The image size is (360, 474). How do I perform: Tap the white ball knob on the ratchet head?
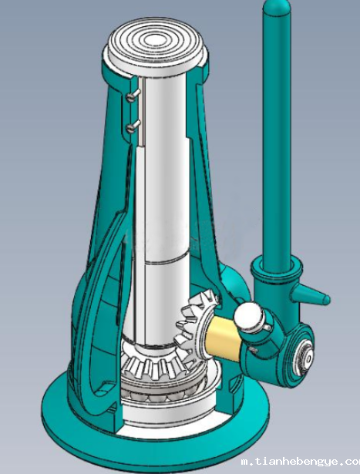tap(249, 317)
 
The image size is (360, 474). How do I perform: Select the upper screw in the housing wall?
tap(133, 96)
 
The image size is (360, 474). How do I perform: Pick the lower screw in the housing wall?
tap(133, 126)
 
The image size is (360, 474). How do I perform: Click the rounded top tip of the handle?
tap(277, 6)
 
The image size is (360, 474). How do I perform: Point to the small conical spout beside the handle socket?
tap(310, 295)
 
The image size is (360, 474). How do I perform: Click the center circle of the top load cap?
tap(154, 39)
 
